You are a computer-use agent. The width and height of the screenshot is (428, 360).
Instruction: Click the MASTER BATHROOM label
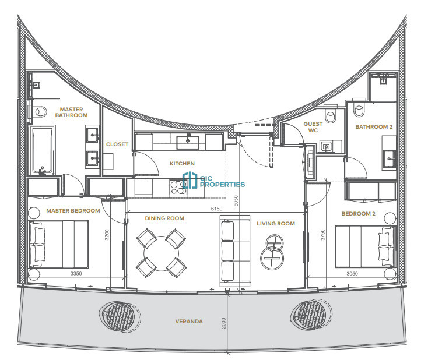pos(71,112)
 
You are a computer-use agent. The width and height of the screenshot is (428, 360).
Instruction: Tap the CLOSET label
pos(117,144)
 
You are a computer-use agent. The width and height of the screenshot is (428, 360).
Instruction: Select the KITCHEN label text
pos(182,163)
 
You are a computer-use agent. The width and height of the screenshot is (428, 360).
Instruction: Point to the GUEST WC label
pos(313,127)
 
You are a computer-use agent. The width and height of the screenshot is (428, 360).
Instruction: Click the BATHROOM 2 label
pos(374,127)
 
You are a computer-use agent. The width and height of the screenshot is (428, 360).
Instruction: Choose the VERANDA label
pos(189,322)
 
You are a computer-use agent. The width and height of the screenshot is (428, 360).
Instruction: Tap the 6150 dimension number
pos(216,209)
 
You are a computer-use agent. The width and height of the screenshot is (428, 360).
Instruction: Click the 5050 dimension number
pos(236,201)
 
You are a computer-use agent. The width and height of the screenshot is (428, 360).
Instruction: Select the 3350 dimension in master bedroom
pos(76,273)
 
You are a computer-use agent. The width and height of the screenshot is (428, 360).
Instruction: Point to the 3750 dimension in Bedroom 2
pos(322,235)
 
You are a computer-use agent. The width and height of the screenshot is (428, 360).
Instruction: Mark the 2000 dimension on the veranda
pos(224,323)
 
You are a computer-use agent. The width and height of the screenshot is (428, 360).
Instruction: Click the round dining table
pos(161,253)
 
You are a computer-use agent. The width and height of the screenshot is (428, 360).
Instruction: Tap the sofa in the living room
pos(235,251)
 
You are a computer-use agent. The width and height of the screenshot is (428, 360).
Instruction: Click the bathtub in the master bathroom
pos(43,150)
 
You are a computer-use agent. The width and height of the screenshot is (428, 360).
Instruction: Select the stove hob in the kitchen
pos(178,188)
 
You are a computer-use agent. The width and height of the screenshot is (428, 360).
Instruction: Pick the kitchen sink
pos(188,142)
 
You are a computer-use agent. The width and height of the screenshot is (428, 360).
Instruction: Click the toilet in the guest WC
pos(331,114)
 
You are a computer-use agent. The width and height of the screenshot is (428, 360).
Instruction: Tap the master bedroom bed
pos(59,244)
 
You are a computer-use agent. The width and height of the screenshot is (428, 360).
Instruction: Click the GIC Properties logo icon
pos(190,180)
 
